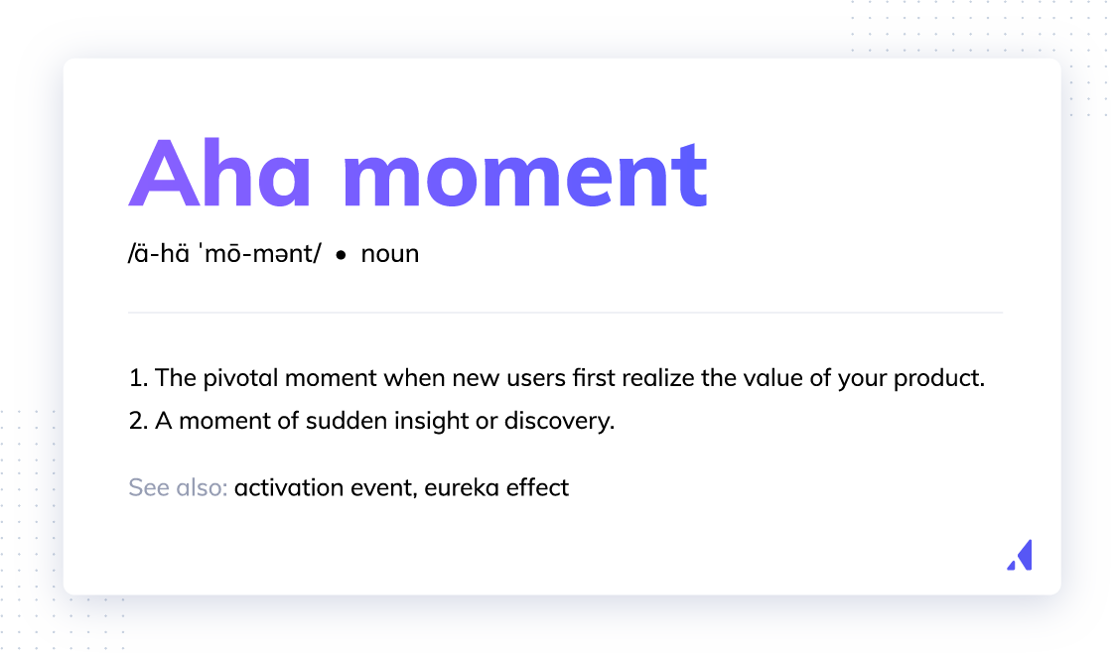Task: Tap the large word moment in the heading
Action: [x=525, y=176]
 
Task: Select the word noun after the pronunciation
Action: [x=390, y=254]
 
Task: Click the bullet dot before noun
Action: [x=341, y=255]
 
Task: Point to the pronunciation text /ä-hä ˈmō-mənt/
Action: [x=224, y=253]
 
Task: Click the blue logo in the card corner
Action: [x=1020, y=555]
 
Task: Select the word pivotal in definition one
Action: [x=240, y=378]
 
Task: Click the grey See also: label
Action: [x=179, y=487]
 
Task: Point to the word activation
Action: [x=289, y=487]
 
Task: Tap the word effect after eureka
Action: [x=537, y=487]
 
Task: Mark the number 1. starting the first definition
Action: [x=138, y=377]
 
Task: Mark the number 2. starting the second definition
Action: [x=138, y=421]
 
